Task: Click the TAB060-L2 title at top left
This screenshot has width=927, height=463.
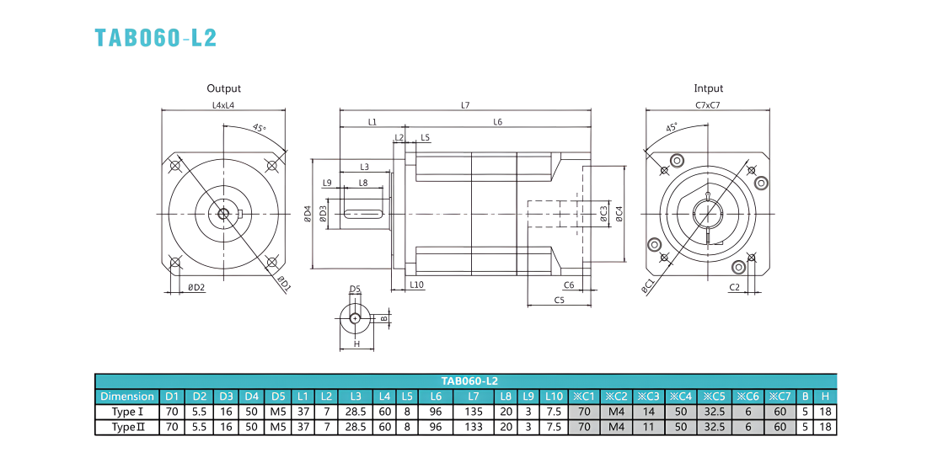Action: click(156, 37)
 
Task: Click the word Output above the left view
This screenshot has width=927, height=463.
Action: click(223, 88)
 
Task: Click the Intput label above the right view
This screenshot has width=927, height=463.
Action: click(708, 88)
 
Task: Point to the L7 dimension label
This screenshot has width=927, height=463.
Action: click(465, 105)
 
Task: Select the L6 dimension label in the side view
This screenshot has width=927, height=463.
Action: click(498, 122)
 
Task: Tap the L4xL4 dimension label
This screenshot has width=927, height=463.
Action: click(223, 105)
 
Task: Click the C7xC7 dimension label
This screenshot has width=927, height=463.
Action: click(708, 105)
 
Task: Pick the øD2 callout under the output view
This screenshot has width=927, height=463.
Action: click(196, 288)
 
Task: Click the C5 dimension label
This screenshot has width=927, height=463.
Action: click(560, 300)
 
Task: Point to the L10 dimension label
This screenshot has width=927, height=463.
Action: click(417, 285)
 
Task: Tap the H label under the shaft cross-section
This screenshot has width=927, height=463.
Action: click(356, 343)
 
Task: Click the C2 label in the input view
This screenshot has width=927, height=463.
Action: click(735, 288)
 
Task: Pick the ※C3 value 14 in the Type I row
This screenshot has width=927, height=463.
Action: click(649, 412)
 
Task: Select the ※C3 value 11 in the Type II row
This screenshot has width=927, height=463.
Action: click(649, 427)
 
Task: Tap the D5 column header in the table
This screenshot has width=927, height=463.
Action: click(278, 396)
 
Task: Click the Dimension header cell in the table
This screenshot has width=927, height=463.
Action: click(127, 396)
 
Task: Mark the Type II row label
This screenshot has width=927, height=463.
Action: click(127, 427)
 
